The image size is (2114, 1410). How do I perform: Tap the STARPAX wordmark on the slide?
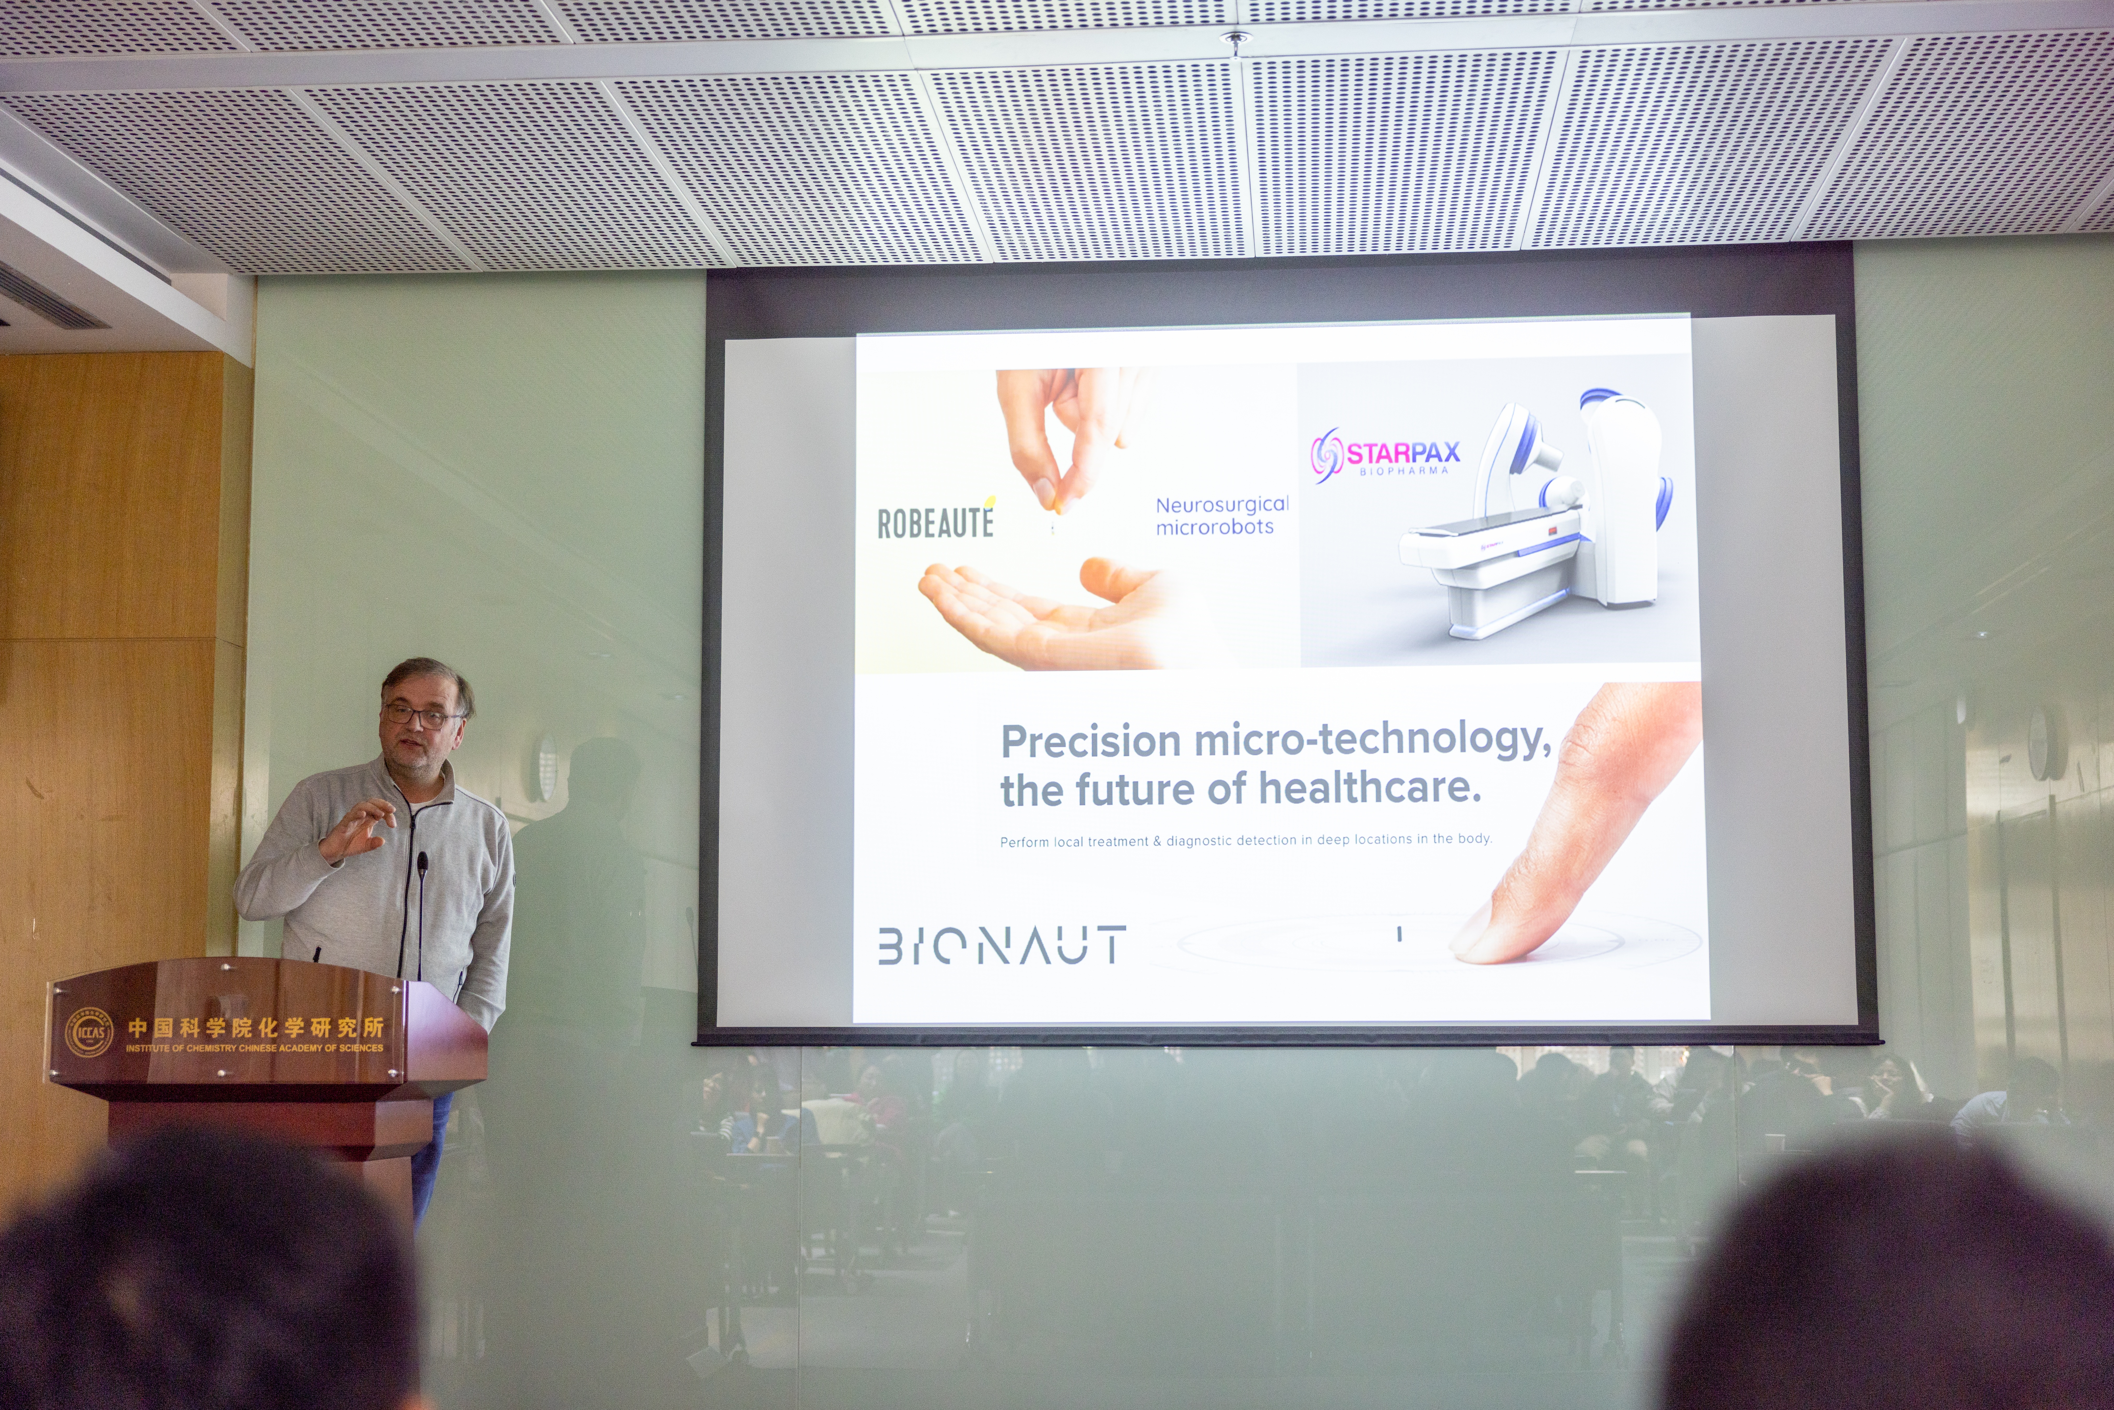[1403, 452]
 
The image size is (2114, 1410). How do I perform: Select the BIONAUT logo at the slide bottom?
[1001, 945]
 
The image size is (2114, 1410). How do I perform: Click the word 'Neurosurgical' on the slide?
[1222, 504]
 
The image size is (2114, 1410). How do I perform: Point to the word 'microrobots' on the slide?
[1215, 527]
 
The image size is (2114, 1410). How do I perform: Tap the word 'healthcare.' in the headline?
[1369, 788]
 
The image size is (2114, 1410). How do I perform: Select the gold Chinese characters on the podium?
[255, 1027]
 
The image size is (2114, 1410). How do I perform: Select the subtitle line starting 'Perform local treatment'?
[1245, 840]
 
